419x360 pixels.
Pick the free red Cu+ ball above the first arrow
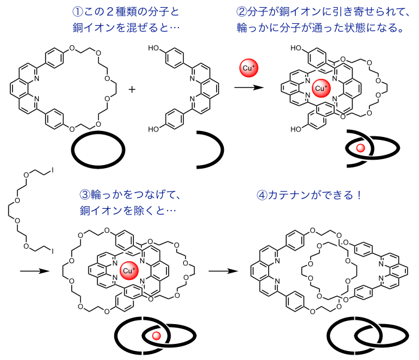(248, 68)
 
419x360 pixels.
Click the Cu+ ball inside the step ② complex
(321, 89)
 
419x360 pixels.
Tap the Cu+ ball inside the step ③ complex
(129, 270)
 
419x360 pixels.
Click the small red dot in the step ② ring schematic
(360, 147)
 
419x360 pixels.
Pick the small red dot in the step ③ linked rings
(157, 336)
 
